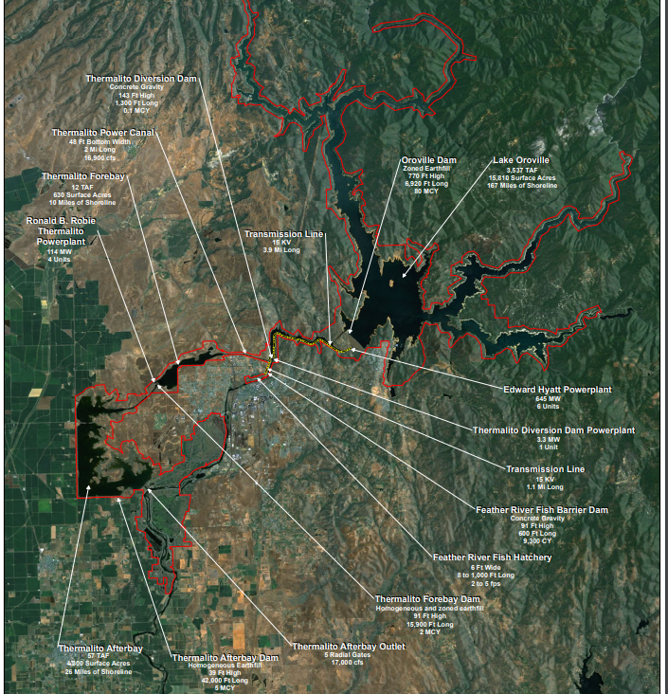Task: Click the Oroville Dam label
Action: pyautogui.click(x=429, y=160)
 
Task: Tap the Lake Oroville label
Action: pyautogui.click(x=520, y=160)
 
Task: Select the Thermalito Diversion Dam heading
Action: pyautogui.click(x=141, y=79)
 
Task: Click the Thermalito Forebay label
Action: pyautogui.click(x=83, y=176)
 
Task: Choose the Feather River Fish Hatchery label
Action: pyautogui.click(x=492, y=557)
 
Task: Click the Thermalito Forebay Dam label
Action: pyautogui.click(x=428, y=599)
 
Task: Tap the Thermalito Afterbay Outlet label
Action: pyautogui.click(x=348, y=647)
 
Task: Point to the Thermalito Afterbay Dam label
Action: pyautogui.click(x=225, y=657)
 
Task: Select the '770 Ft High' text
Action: pyautogui.click(x=426, y=176)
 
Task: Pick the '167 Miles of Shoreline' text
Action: pyautogui.click(x=518, y=185)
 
